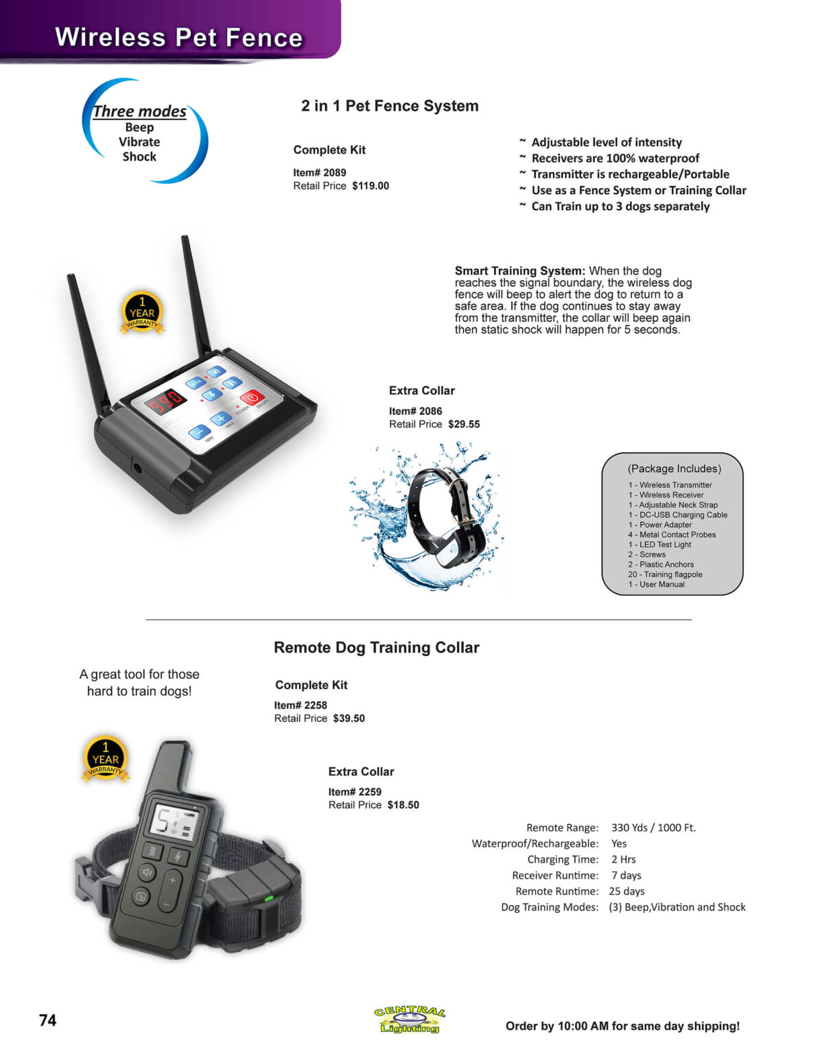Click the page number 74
click(x=47, y=1020)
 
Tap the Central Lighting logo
click(x=410, y=1020)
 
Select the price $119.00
click(x=371, y=186)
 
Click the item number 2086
click(x=430, y=411)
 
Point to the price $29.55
click(x=464, y=424)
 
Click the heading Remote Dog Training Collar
click(x=376, y=648)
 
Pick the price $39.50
click(x=349, y=718)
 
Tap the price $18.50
click(x=403, y=805)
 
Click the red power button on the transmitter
click(x=252, y=397)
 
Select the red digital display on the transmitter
click(x=167, y=401)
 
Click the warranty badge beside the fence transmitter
click(x=142, y=312)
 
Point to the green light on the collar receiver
click(x=269, y=898)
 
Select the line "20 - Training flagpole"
click(x=664, y=574)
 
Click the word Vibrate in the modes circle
click(x=139, y=142)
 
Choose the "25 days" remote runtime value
click(x=626, y=891)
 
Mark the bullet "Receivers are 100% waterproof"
click(x=615, y=159)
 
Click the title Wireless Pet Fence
click(x=178, y=37)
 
